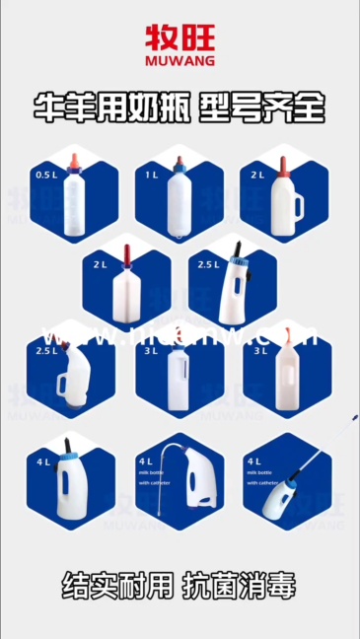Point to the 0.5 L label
point(46,175)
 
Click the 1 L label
point(152,175)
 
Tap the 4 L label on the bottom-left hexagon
point(45,461)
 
